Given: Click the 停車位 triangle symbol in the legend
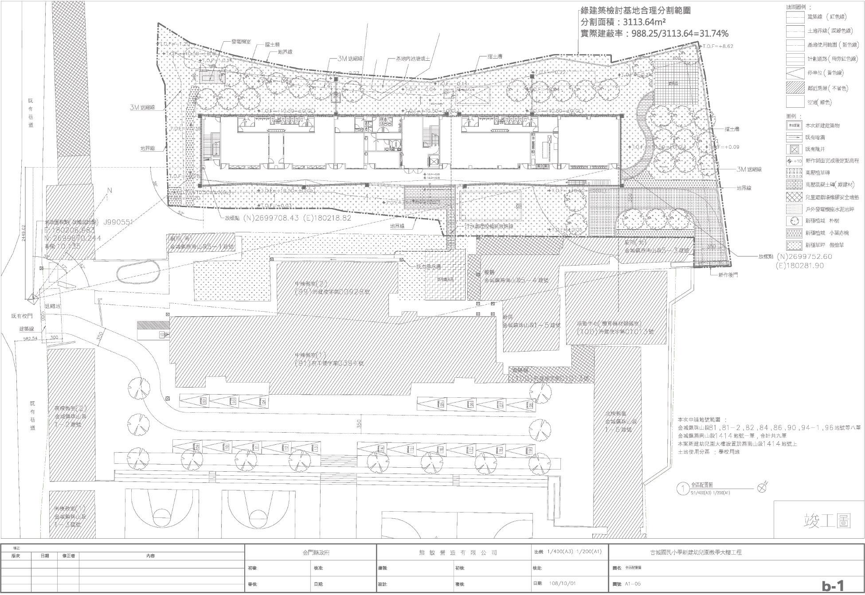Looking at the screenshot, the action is point(795,73).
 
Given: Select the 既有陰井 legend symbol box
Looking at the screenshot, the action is point(795,149).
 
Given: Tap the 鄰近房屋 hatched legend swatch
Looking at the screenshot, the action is point(795,87).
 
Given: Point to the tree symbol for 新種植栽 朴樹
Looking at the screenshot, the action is point(795,220).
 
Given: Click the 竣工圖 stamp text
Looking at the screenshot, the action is point(827,521).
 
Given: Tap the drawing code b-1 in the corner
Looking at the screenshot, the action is point(833,585).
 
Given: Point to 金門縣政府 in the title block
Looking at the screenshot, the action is point(310,552).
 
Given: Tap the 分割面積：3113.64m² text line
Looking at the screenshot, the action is point(623,22).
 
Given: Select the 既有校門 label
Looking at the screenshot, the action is point(23,316).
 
